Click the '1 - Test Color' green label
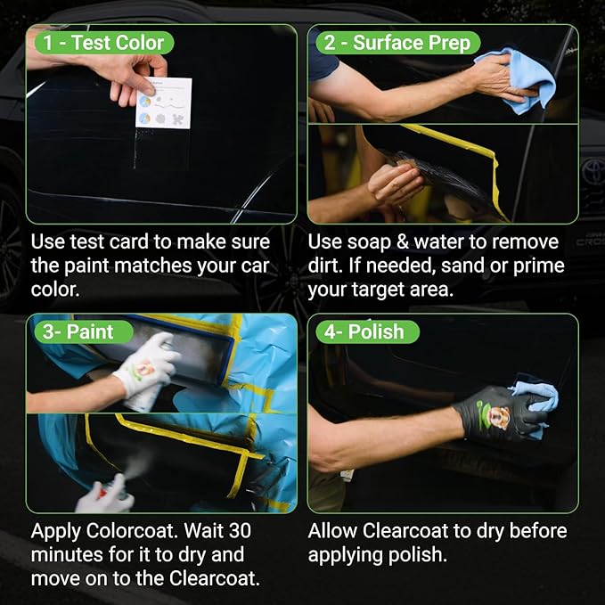point(104,43)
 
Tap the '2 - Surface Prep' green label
point(397,43)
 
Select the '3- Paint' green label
point(84,331)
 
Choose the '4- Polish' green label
point(367,331)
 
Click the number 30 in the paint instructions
point(240,531)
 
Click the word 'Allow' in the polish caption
point(331,531)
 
